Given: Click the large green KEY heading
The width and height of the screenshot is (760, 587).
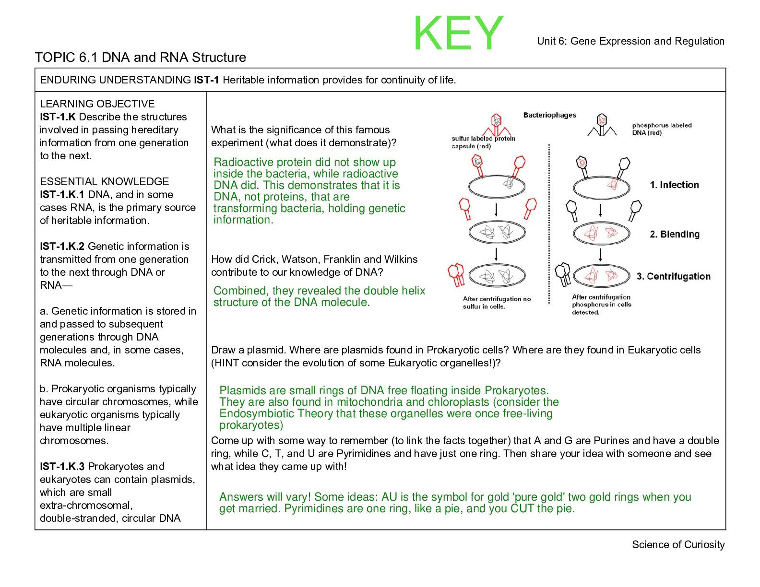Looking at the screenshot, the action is [x=458, y=33].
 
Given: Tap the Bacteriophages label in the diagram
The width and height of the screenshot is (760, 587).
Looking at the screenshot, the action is [x=549, y=115].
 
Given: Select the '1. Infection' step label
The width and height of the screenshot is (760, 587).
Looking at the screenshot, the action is [x=674, y=185].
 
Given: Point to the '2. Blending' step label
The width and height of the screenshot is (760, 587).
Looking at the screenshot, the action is [x=674, y=234].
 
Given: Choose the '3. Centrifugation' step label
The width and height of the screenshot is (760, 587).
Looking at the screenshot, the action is [x=673, y=276].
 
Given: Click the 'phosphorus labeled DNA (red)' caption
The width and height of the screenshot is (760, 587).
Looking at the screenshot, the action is [x=662, y=129].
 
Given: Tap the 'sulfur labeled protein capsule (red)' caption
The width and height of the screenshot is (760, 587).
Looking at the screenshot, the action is [x=483, y=142].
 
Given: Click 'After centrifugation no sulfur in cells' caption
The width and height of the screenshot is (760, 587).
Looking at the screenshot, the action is [x=497, y=303].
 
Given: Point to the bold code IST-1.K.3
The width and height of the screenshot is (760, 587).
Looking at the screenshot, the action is [x=62, y=466].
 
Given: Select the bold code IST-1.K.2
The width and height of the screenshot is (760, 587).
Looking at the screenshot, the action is [x=62, y=246].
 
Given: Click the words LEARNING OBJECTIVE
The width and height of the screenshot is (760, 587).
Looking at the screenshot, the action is [x=97, y=104].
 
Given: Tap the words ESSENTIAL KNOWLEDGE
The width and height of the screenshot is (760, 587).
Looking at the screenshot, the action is [x=104, y=181].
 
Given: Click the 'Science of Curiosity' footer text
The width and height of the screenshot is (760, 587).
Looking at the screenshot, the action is [x=678, y=544].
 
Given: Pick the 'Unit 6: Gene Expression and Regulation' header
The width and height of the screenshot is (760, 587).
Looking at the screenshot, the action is [x=630, y=41].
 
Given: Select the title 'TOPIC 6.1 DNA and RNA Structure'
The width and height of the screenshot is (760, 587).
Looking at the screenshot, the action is [x=140, y=58].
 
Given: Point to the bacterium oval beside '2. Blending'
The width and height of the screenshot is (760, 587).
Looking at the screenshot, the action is [x=601, y=233].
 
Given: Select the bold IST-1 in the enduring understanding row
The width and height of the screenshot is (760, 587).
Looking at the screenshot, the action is [x=206, y=80].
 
